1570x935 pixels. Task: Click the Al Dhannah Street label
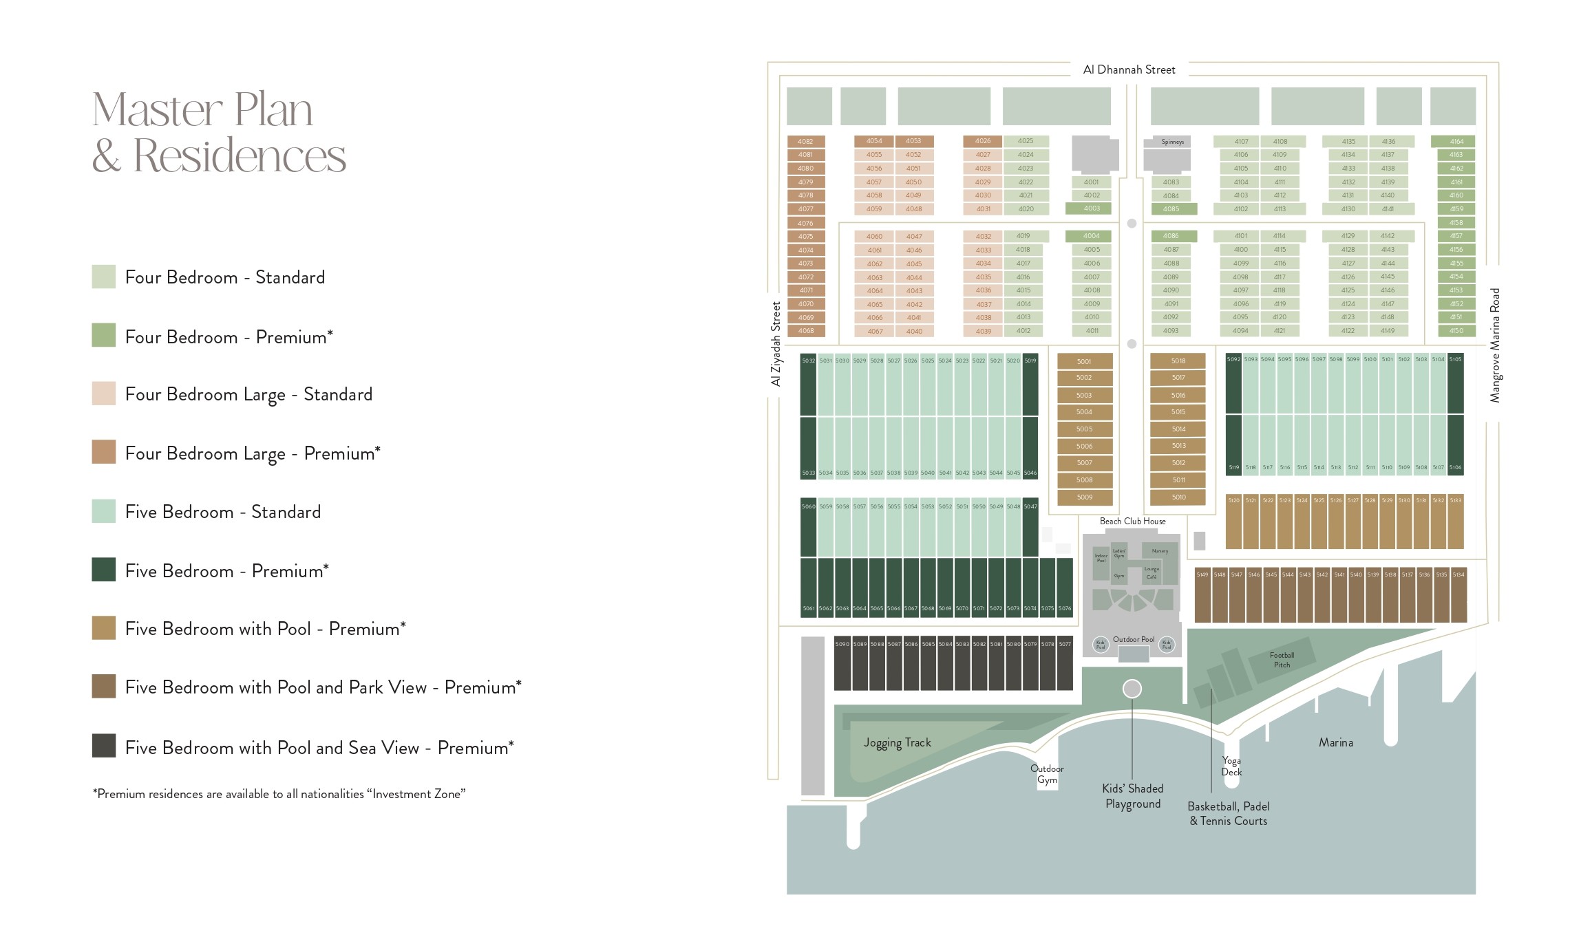pyautogui.click(x=1129, y=69)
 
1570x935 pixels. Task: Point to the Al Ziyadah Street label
pyautogui.click(x=776, y=344)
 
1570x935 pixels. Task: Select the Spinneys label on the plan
pyautogui.click(x=1172, y=142)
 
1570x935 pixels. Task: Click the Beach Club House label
pyautogui.click(x=1132, y=522)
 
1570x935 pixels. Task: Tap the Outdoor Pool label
pyautogui.click(x=1133, y=639)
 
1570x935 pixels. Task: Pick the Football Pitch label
pyautogui.click(x=1282, y=660)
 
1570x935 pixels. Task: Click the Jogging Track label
pyautogui.click(x=897, y=742)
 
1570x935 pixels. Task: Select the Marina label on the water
pyautogui.click(x=1335, y=742)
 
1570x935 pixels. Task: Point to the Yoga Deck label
pyautogui.click(x=1231, y=766)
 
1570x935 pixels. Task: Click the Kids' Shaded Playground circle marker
pyautogui.click(x=1132, y=688)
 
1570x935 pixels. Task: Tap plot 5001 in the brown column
pyautogui.click(x=1084, y=361)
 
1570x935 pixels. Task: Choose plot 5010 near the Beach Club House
pyautogui.click(x=1178, y=497)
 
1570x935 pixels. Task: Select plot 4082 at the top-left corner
pyautogui.click(x=805, y=142)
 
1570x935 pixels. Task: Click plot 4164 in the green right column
pyautogui.click(x=1456, y=142)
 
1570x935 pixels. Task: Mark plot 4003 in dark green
pyautogui.click(x=1092, y=208)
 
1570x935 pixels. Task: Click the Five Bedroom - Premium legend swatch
pyautogui.click(x=104, y=570)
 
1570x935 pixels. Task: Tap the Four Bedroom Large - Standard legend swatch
pyautogui.click(x=104, y=394)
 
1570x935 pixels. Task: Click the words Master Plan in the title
pyautogui.click(x=202, y=110)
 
